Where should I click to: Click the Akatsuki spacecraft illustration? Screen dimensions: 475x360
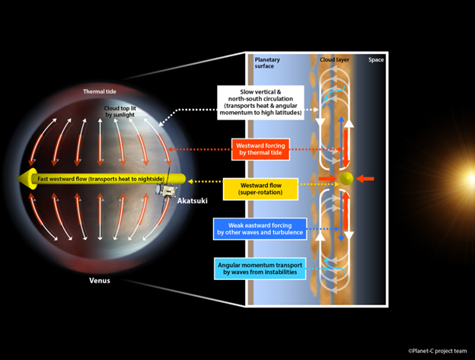pyautogui.click(x=166, y=190)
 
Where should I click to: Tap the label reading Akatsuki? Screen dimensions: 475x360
pyautogui.click(x=193, y=201)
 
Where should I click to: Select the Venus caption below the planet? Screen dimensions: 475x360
pyautogui.click(x=100, y=280)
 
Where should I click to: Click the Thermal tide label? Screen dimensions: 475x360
pyautogui.click(x=100, y=91)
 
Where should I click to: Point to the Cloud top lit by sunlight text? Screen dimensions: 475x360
pyautogui.click(x=120, y=111)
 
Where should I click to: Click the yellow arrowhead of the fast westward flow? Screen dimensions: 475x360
pyautogui.click(x=27, y=179)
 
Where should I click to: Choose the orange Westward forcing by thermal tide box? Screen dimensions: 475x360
pyautogui.click(x=260, y=149)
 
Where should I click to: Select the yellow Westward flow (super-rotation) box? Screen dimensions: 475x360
pyautogui.click(x=260, y=189)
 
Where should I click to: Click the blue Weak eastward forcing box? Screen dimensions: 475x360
pyautogui.click(x=260, y=229)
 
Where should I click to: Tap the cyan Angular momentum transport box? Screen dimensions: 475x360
pyautogui.click(x=260, y=269)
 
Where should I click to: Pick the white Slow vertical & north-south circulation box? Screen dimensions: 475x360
pyautogui.click(x=260, y=102)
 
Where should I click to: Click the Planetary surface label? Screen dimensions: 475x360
pyautogui.click(x=267, y=63)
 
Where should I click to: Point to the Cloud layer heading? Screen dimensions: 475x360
pyautogui.click(x=334, y=60)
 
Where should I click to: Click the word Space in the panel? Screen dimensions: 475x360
pyautogui.click(x=376, y=60)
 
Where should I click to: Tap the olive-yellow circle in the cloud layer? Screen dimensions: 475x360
pyautogui.click(x=346, y=179)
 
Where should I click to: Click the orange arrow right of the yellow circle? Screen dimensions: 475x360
pyautogui.click(x=365, y=179)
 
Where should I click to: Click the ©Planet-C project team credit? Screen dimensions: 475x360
pyautogui.click(x=438, y=351)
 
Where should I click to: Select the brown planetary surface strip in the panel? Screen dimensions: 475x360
pyautogui.click(x=250, y=180)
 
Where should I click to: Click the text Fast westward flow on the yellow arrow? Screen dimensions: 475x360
pyautogui.click(x=63, y=179)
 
